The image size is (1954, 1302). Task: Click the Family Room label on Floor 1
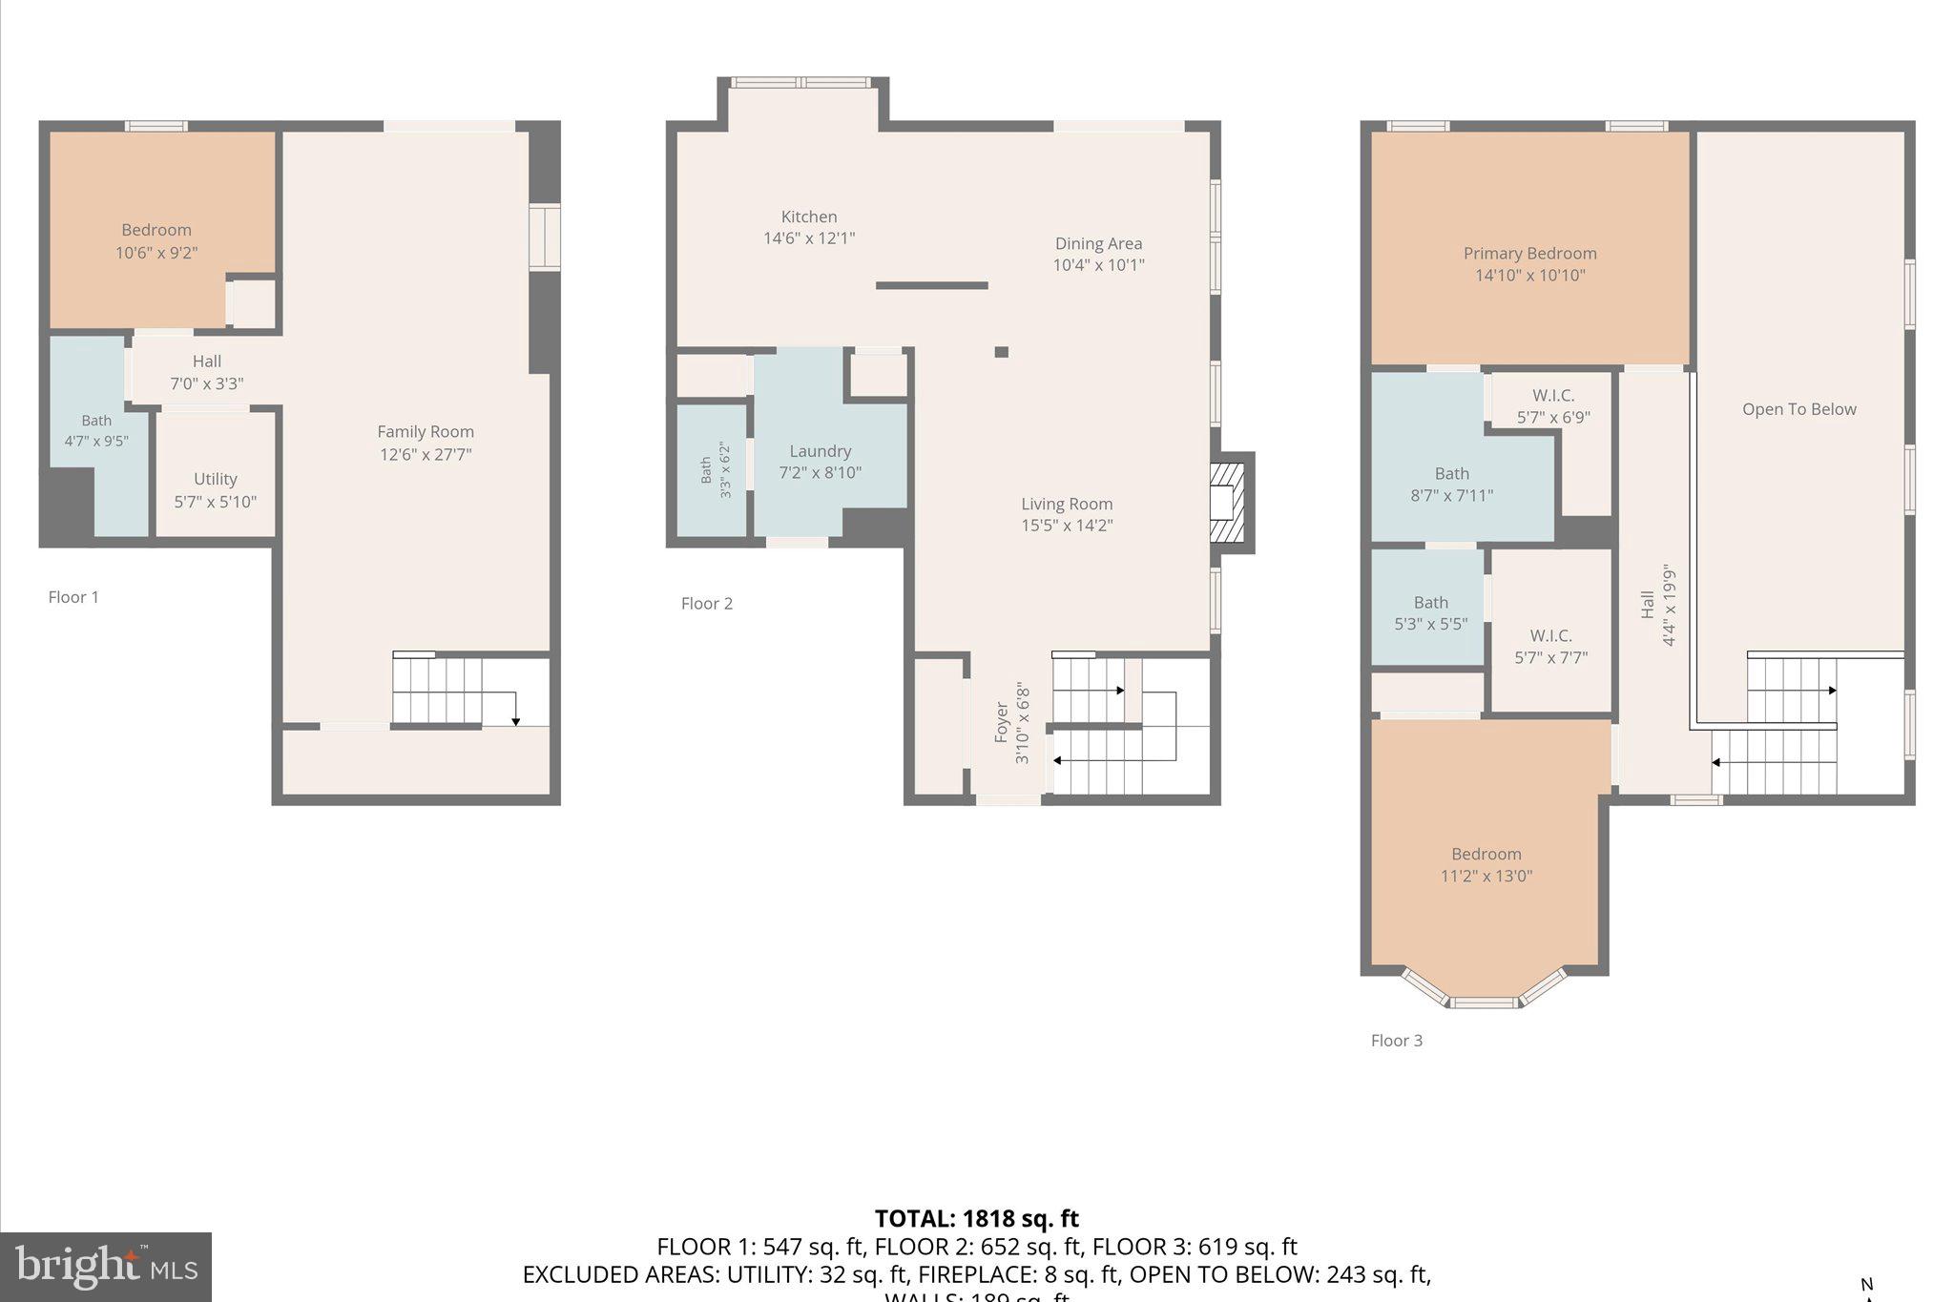[426, 432]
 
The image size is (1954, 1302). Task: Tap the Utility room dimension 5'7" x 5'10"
[215, 502]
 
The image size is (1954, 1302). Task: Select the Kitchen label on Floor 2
[809, 217]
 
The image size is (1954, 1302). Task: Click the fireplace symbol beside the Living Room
[1227, 503]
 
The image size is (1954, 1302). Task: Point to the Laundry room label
[820, 451]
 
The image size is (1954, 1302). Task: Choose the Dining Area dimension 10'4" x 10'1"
[1098, 265]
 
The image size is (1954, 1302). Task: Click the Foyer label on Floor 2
[1002, 722]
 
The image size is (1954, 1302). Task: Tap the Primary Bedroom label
[1529, 254]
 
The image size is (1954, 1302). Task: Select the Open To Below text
[1798, 409]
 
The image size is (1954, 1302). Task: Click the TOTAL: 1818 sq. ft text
[976, 1218]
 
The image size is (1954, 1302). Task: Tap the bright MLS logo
[106, 1267]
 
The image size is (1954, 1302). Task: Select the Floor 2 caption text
[706, 604]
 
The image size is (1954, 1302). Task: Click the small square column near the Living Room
[1001, 352]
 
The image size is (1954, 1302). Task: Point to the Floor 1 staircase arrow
[515, 720]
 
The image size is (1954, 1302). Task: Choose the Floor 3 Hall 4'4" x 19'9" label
[1657, 605]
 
